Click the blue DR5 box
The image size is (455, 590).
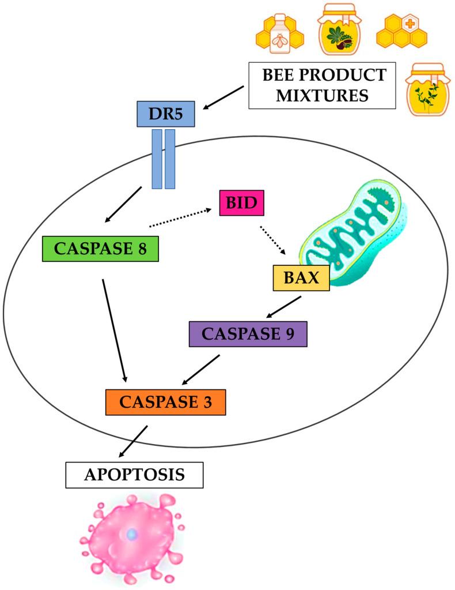click(x=166, y=114)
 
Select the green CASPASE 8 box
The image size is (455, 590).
click(x=100, y=249)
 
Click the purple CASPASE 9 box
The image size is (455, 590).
click(x=248, y=334)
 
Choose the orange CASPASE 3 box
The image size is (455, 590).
click(x=165, y=402)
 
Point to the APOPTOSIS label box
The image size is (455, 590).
click(x=135, y=475)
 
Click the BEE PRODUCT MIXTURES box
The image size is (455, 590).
click(x=322, y=85)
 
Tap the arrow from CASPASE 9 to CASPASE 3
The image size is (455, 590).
click(x=201, y=370)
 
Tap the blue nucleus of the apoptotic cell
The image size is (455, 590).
click(x=132, y=535)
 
